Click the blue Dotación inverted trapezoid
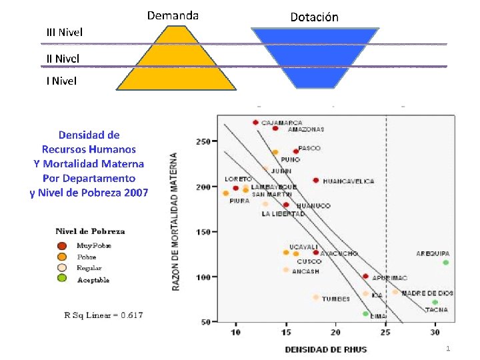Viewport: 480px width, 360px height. click(315, 53)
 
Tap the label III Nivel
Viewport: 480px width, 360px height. click(65, 31)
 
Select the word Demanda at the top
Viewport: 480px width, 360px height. click(173, 15)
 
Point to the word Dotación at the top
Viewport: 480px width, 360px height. click(315, 17)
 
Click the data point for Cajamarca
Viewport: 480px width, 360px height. click(256, 123)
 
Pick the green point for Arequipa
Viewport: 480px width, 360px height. click(445, 263)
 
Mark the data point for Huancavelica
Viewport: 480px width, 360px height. click(316, 181)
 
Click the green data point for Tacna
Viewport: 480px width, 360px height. click(435, 302)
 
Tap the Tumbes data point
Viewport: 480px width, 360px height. click(316, 297)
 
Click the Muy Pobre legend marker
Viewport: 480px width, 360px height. click(61, 245)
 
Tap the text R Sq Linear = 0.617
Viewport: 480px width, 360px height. click(103, 315)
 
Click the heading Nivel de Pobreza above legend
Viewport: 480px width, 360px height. click(90, 231)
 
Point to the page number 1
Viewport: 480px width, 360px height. click(449, 349)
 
